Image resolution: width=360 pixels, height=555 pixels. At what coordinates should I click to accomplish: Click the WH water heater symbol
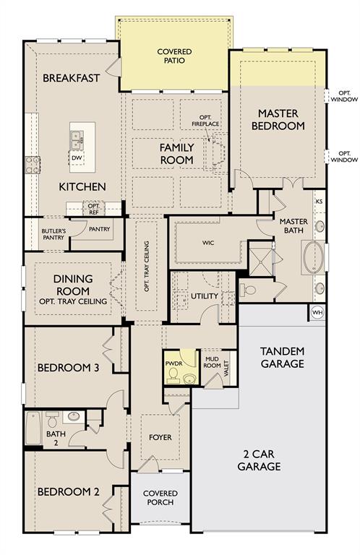click(x=317, y=312)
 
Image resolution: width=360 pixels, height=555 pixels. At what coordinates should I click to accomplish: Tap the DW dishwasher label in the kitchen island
click(x=77, y=158)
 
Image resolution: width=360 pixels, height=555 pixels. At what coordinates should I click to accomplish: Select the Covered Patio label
click(x=174, y=56)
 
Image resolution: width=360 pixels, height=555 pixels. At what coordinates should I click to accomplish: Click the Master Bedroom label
click(x=278, y=120)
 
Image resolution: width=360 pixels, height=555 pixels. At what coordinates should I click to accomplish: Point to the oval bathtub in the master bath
click(x=314, y=257)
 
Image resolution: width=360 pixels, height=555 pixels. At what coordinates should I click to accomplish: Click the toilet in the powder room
click(x=173, y=376)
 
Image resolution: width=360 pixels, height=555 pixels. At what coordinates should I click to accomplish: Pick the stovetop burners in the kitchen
click(x=33, y=165)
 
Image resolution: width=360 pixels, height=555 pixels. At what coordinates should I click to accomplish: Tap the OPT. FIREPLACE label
click(x=205, y=121)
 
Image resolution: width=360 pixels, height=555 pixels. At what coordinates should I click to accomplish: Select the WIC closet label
click(x=208, y=243)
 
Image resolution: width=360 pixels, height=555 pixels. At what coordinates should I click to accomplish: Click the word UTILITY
click(x=205, y=296)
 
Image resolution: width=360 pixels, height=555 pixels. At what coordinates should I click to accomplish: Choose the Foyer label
click(x=160, y=437)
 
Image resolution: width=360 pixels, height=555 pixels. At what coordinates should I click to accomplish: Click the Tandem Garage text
click(x=282, y=358)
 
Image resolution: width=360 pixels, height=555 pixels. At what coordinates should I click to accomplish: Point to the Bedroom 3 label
click(x=69, y=368)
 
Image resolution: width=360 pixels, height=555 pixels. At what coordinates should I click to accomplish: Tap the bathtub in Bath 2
click(x=33, y=429)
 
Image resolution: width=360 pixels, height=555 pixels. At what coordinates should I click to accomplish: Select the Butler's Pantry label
click(x=53, y=234)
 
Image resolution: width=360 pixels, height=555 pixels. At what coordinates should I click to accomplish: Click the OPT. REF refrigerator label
click(x=94, y=209)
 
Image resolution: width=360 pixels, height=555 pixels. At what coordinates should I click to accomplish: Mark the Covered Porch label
click(x=160, y=498)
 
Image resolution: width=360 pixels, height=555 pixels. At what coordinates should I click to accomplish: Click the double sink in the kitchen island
click(x=77, y=139)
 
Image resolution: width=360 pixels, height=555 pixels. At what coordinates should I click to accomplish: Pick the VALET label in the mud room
click(x=226, y=369)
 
